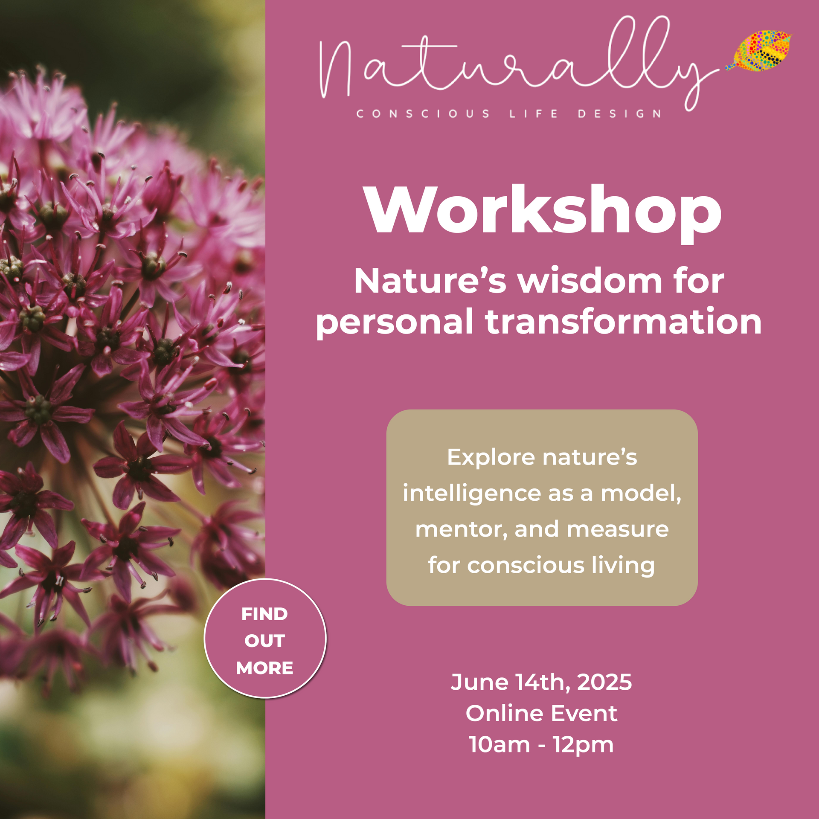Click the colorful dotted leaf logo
(x=759, y=50)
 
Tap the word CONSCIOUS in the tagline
(x=423, y=114)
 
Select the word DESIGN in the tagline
(x=619, y=114)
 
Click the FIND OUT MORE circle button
(x=265, y=639)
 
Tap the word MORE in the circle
(x=265, y=668)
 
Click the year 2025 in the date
(x=604, y=682)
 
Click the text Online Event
(x=541, y=713)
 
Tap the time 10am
(x=500, y=745)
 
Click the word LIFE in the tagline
(x=534, y=114)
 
